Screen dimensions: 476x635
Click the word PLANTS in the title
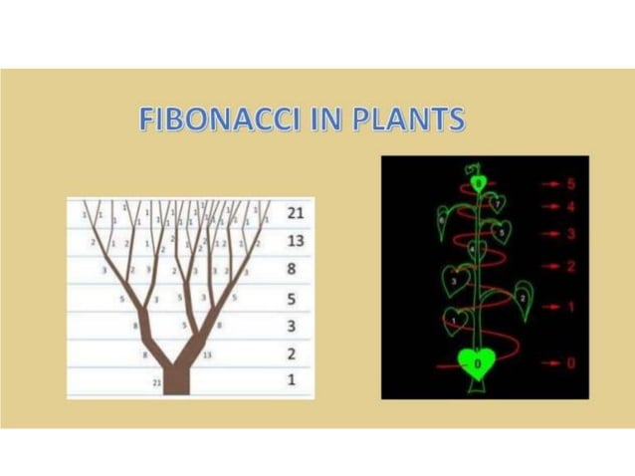pos(407,120)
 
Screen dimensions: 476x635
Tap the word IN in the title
pos(314,120)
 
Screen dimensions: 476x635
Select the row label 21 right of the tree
pos(295,213)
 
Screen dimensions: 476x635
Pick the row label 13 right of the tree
pos(295,241)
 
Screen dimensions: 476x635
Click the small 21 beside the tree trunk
pos(156,382)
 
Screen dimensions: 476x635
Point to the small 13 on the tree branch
pos(207,354)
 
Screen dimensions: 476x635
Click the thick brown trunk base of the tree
pos(176,379)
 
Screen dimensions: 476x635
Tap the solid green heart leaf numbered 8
pos(480,183)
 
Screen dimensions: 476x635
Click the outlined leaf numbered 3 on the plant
pos(455,283)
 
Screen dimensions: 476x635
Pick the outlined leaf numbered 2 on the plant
pos(522,297)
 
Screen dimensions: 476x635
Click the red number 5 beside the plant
pos(571,184)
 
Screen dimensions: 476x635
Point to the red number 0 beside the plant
pos(571,363)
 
